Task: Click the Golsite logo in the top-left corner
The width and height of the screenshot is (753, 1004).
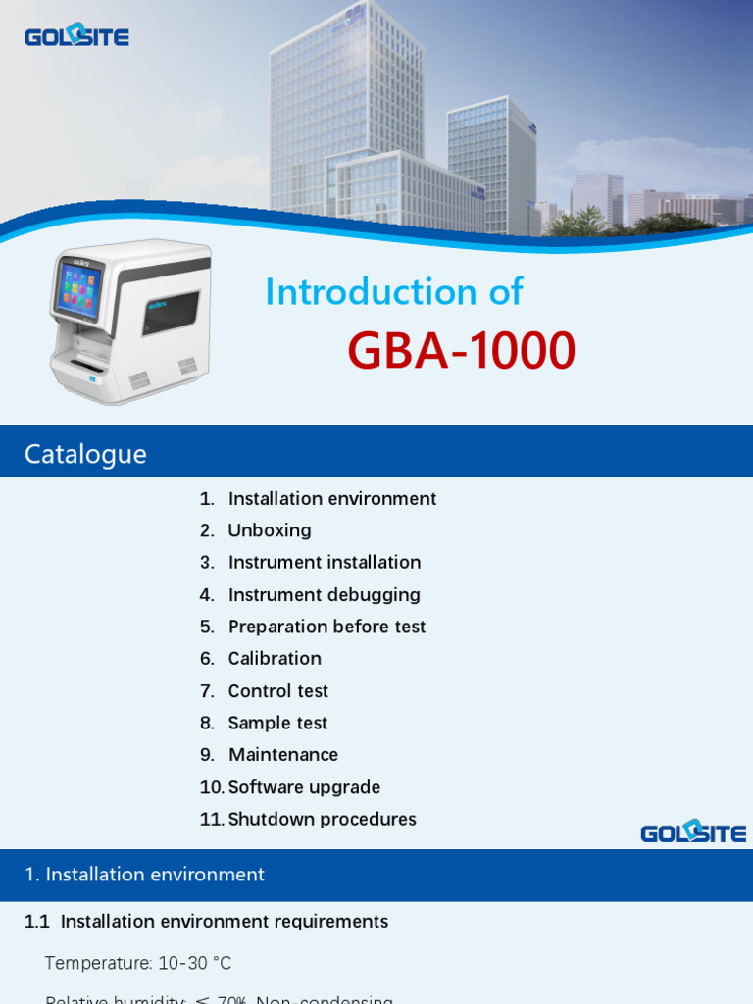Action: click(76, 36)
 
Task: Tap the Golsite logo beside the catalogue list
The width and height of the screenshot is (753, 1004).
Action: click(693, 831)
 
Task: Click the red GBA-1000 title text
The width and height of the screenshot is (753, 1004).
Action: click(461, 351)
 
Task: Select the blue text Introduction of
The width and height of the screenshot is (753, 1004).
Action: click(394, 291)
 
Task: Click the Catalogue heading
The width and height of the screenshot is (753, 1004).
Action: click(85, 454)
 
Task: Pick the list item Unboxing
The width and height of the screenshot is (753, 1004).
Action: click(270, 530)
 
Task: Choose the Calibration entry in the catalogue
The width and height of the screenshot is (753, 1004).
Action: click(275, 659)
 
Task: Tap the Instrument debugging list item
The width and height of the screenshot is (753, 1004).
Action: click(324, 595)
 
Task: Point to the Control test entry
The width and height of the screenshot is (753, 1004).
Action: click(278, 691)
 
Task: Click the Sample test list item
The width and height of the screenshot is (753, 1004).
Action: click(277, 724)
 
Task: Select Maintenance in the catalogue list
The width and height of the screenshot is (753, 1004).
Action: click(283, 755)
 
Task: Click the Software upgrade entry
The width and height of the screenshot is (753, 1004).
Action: click(304, 787)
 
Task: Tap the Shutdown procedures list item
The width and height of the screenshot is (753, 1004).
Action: click(322, 820)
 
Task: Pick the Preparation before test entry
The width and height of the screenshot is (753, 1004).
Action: click(326, 627)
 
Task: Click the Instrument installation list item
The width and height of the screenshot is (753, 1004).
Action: click(325, 563)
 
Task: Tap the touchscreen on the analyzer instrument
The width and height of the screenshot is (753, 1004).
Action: click(78, 289)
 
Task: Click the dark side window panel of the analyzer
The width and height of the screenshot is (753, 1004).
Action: click(172, 312)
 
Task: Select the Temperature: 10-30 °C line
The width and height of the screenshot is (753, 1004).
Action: click(138, 963)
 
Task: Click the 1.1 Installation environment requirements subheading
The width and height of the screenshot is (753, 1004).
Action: click(206, 922)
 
